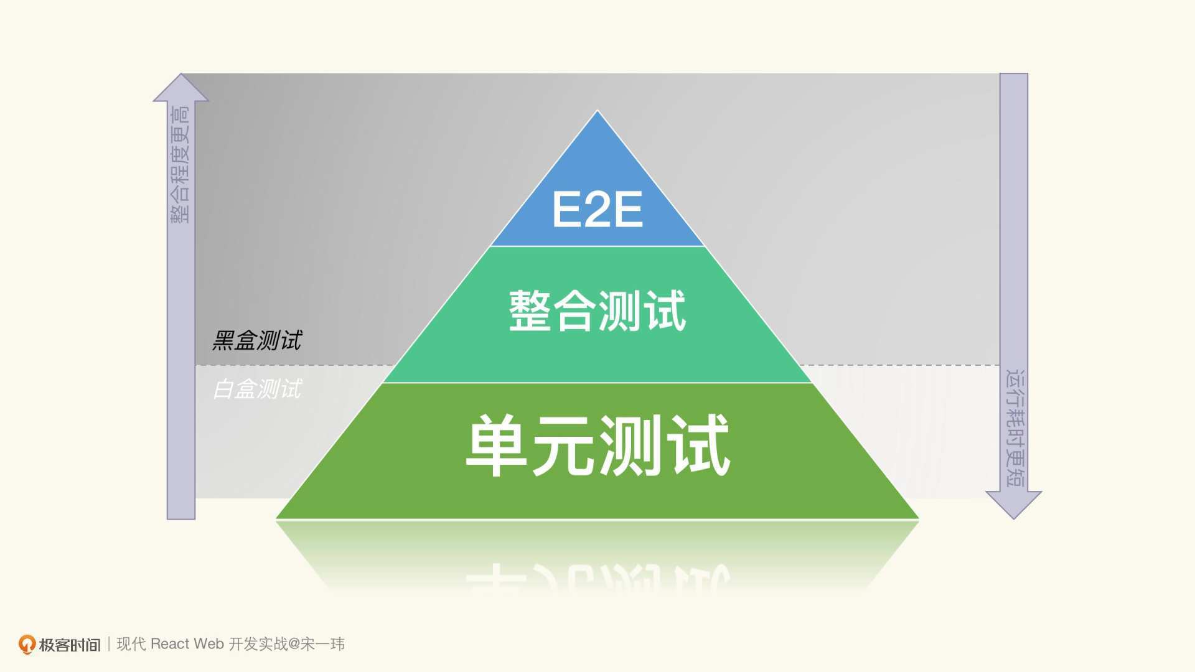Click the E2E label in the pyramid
[x=597, y=209]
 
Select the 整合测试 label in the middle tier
[x=597, y=310]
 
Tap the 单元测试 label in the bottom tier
[x=597, y=446]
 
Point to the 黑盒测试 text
[x=257, y=340]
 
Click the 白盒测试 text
[x=257, y=389]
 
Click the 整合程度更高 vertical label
[x=180, y=164]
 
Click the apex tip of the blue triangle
[x=597, y=111]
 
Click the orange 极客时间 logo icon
[x=27, y=645]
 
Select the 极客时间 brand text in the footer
[x=70, y=645]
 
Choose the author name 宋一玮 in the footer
[x=323, y=644]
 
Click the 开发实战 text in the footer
[x=258, y=644]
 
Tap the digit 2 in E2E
[x=597, y=209]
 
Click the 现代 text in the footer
[x=131, y=644]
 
